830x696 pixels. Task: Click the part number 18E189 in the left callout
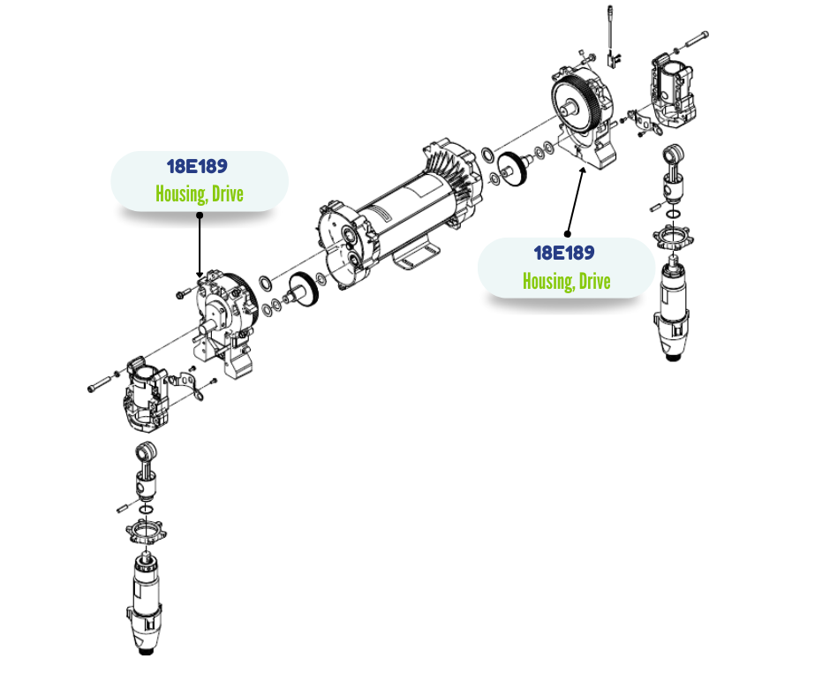pyautogui.click(x=198, y=167)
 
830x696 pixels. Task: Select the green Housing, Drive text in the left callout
pyautogui.click(x=199, y=193)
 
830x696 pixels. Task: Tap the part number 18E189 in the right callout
pyautogui.click(x=564, y=253)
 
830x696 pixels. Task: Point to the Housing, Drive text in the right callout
pyautogui.click(x=566, y=281)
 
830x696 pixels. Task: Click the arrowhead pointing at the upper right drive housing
pyautogui.click(x=581, y=168)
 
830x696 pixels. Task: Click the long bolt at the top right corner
pyautogui.click(x=694, y=38)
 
